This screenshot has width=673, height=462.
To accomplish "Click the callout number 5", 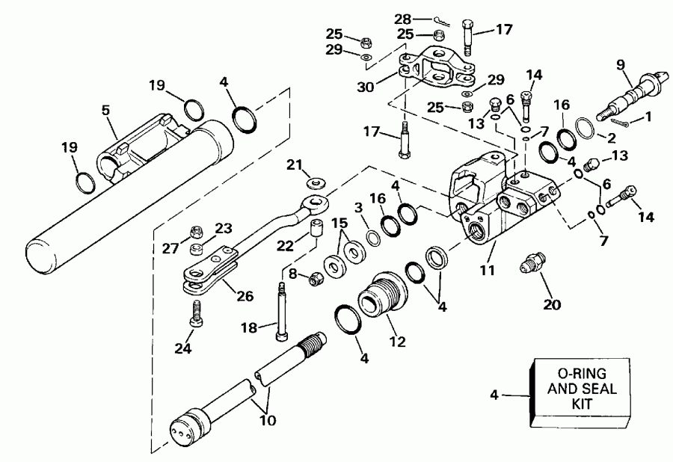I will pyautogui.click(x=106, y=109).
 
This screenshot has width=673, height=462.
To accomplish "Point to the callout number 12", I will pyautogui.click(x=396, y=342).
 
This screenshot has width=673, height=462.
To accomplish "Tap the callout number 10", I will pyautogui.click(x=267, y=420).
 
